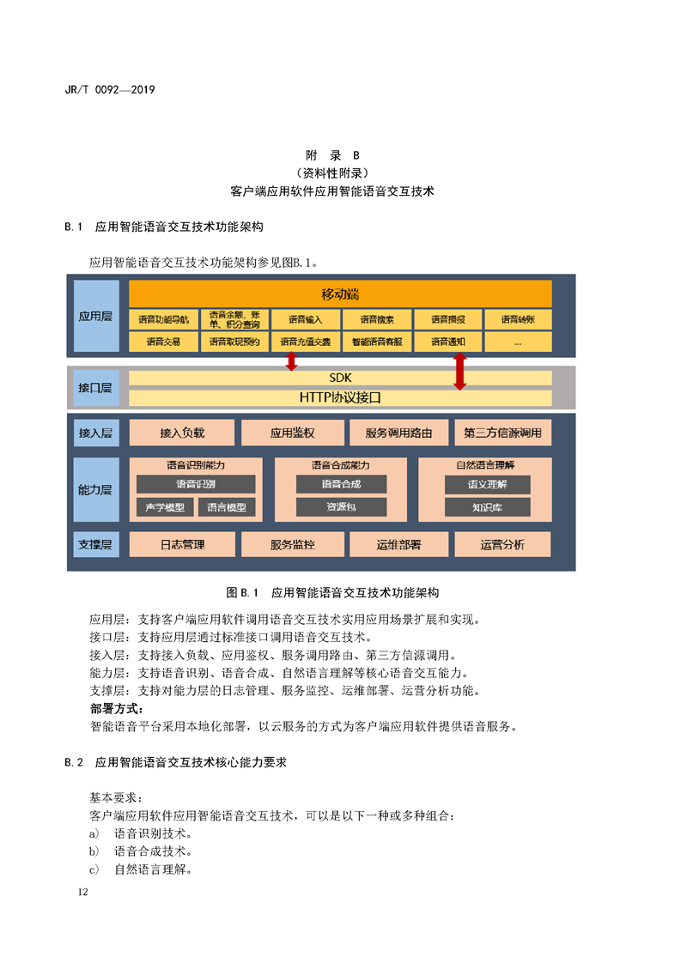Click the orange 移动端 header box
[340, 294]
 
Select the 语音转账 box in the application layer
[518, 319]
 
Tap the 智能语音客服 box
[377, 342]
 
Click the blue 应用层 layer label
[96, 317]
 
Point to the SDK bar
[340, 378]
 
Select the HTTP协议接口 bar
[340, 397]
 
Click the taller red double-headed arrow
[459, 372]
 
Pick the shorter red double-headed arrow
[291, 361]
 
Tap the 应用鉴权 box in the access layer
[293, 433]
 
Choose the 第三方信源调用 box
[502, 433]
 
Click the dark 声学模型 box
[165, 507]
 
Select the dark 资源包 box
[341, 506]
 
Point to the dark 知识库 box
[488, 507]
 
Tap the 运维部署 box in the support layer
[398, 545]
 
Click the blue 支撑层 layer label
[96, 545]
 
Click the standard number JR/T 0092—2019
[110, 89]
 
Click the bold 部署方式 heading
[117, 709]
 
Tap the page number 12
[83, 892]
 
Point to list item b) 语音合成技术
[141, 851]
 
